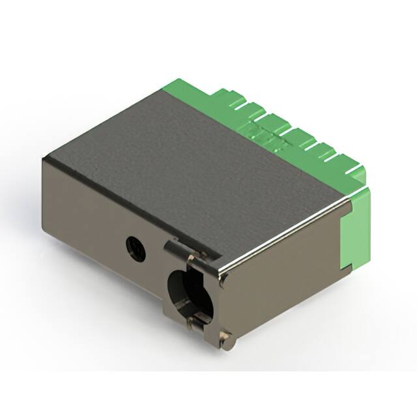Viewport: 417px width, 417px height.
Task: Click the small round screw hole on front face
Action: coord(136,247)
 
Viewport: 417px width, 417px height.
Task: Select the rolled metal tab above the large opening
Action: coord(177,248)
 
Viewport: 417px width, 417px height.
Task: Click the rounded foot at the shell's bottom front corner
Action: coord(225,339)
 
